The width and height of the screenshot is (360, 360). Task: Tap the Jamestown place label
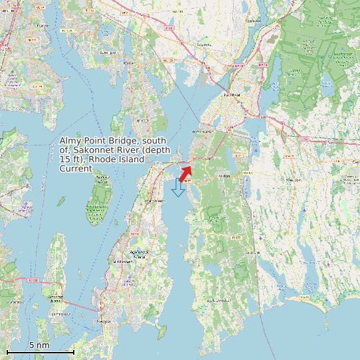tap(61, 314)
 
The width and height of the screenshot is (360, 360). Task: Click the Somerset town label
tap(252, 21)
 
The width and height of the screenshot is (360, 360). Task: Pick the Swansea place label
tap(205, 45)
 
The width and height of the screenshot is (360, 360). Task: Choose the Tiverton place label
tap(224, 176)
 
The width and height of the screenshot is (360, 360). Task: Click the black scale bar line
tap(40, 351)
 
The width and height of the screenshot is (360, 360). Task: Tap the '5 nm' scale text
tap(39, 345)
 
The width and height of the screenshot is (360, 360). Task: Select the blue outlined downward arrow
tap(178, 187)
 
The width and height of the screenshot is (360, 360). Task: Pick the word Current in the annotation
tap(76, 169)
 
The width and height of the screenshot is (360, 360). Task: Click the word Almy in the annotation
tap(71, 141)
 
